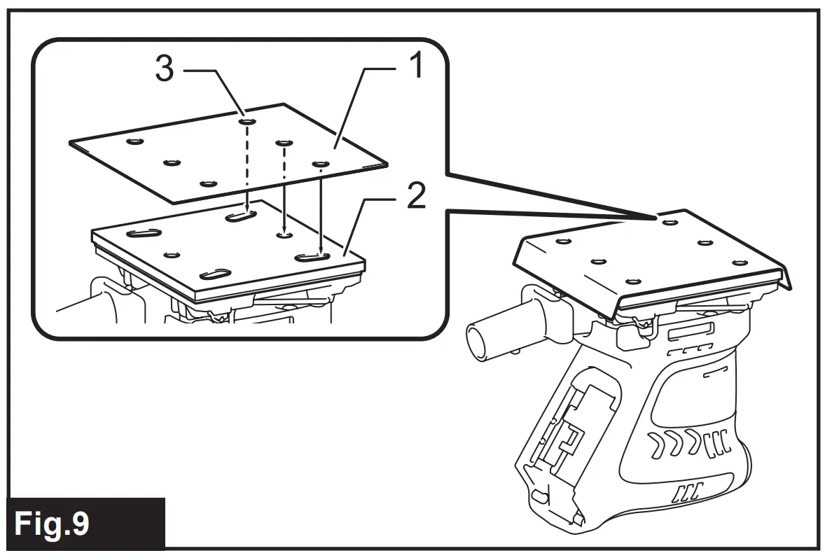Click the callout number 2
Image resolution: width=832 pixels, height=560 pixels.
[x=416, y=198]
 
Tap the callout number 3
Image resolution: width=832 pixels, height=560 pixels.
[x=165, y=70]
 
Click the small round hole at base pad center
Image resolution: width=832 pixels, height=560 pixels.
[x=284, y=236]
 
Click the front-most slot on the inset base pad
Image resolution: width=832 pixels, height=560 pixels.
[x=216, y=274]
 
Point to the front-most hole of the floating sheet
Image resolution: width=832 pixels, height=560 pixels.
[x=207, y=184]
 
